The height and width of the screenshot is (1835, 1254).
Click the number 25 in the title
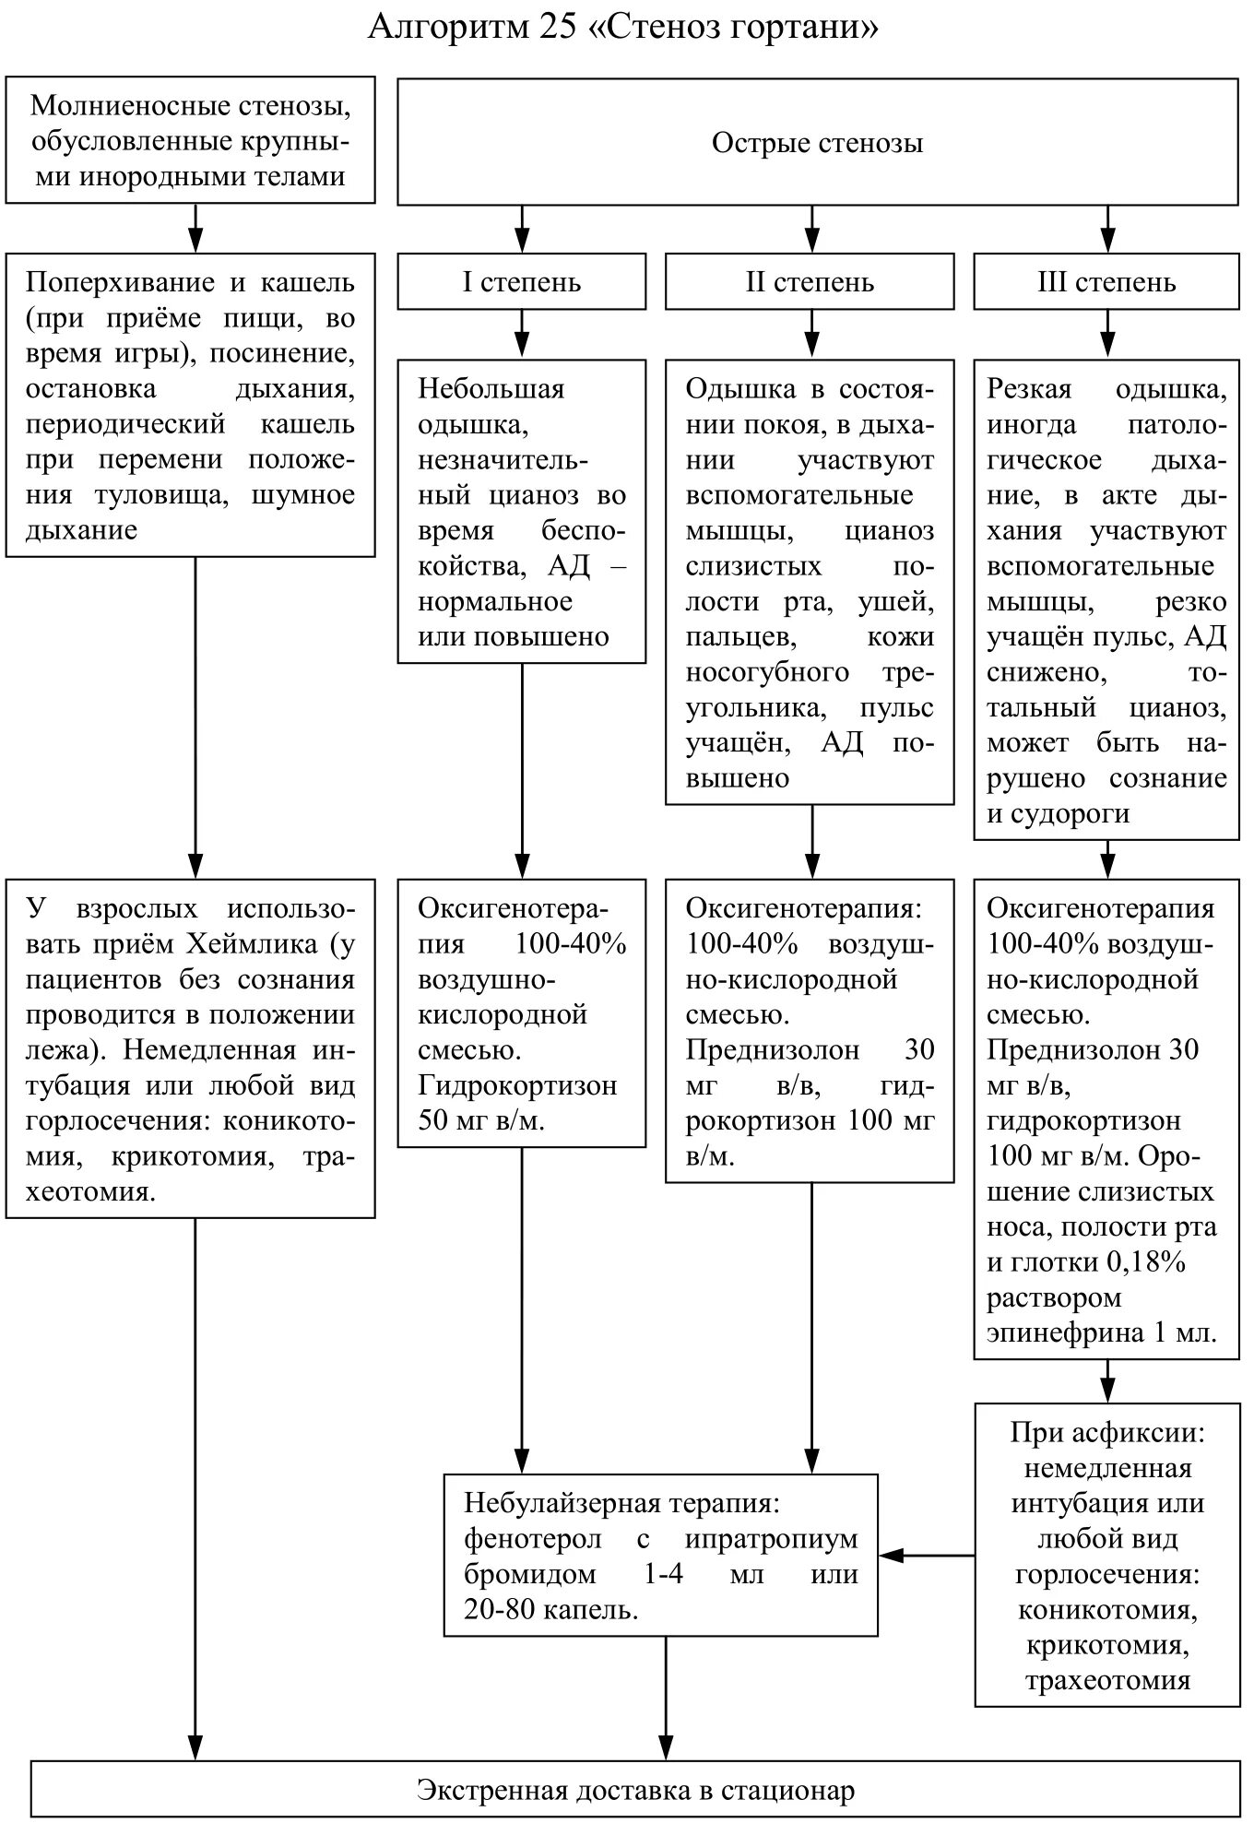[x=551, y=28]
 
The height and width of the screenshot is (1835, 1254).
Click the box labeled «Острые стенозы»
[x=817, y=143]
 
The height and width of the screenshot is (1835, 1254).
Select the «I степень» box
[x=522, y=282]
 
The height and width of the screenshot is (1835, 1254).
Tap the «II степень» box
[x=810, y=282]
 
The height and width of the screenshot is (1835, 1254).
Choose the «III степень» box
[x=1106, y=282]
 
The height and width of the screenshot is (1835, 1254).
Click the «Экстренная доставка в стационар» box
[x=635, y=1790]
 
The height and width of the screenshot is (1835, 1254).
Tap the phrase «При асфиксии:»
[x=1107, y=1432]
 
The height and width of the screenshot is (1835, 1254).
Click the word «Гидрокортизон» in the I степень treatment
[x=517, y=1085]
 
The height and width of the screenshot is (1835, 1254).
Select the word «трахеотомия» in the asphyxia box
[x=1107, y=1680]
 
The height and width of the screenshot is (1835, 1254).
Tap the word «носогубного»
[x=767, y=672]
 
